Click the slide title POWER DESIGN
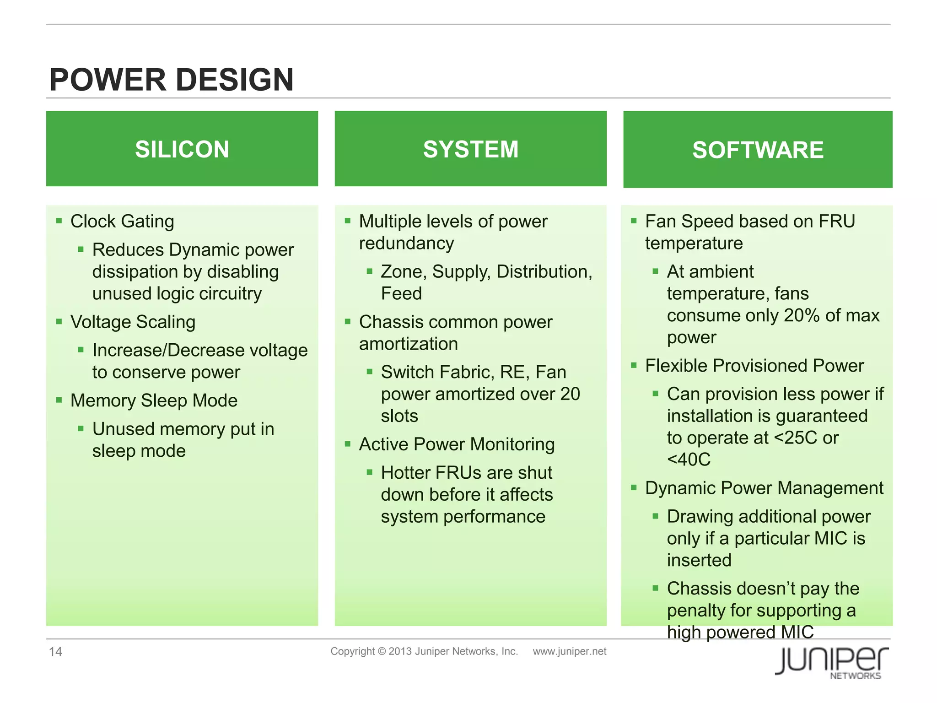tap(171, 80)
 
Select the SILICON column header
tap(182, 149)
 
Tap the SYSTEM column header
tap(470, 149)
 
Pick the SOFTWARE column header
tap(758, 150)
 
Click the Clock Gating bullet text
tap(122, 222)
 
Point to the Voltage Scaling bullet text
tap(133, 322)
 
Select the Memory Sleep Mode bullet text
tap(154, 401)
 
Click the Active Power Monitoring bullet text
tap(457, 444)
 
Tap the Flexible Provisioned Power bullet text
tap(754, 366)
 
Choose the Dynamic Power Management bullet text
tap(764, 488)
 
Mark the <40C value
tap(689, 460)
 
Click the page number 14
tap(55, 652)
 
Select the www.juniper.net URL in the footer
tap(569, 651)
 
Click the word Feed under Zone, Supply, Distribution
tap(401, 294)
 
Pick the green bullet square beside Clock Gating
tap(59, 221)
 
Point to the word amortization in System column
tap(408, 344)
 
